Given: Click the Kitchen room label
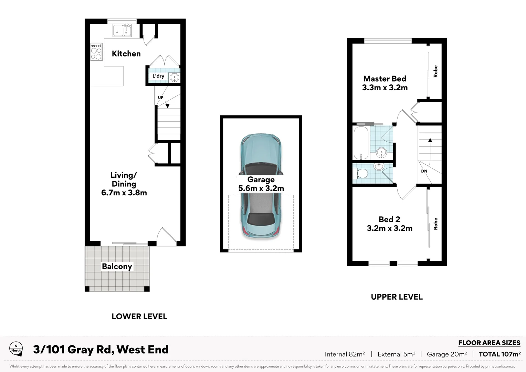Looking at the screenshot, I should coord(126,54).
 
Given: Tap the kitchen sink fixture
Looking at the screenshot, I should coord(122,31).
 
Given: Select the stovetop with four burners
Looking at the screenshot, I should coord(96,52).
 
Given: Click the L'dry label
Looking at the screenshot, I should coord(158,76).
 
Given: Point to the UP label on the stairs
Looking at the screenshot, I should coord(160,97).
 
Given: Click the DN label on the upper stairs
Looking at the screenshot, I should coord(424,171).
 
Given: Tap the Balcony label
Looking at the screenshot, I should coord(117,267).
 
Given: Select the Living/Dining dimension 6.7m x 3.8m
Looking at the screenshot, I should coord(124,193).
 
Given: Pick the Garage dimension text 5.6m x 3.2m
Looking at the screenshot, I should coord(261,188).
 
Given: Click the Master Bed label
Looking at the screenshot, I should coord(385,79).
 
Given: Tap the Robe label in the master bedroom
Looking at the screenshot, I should coord(435,71).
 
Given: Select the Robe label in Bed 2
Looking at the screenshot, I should coord(435,224).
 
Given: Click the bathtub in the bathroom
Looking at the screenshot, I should coord(361,143).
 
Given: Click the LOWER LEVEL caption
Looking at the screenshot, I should coord(139,317).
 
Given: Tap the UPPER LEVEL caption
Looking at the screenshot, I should coord(397,297).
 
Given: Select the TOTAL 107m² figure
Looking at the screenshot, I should coord(499,354).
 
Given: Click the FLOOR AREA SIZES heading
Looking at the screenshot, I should coord(489,343).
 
